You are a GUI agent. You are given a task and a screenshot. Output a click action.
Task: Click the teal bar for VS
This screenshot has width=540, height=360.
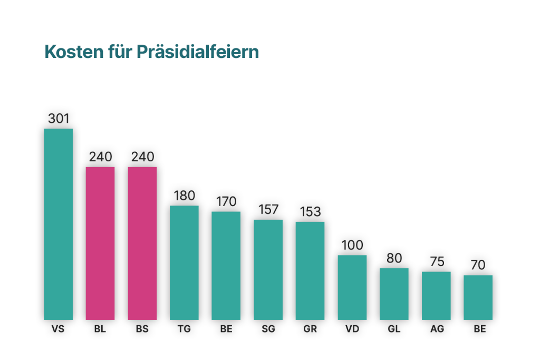[58, 224]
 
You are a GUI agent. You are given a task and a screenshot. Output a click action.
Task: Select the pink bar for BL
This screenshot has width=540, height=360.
[100, 243]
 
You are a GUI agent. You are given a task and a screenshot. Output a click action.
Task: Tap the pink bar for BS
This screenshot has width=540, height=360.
[142, 243]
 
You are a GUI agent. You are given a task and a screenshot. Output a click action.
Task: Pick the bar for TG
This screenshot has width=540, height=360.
[184, 262]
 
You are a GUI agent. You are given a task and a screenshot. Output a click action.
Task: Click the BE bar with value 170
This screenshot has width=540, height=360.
[226, 265]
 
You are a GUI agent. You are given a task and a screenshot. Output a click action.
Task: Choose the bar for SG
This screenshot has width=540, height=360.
[268, 269]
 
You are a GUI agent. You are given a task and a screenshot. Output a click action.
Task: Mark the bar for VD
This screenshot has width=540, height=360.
[352, 287]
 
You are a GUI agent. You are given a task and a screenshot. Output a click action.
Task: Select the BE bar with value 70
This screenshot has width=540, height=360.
[478, 297]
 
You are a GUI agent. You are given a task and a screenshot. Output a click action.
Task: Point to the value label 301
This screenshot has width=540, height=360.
[59, 119]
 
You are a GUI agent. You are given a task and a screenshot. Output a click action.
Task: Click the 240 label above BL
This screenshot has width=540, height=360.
[100, 157]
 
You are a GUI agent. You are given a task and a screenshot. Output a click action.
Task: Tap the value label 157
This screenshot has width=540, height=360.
[268, 210]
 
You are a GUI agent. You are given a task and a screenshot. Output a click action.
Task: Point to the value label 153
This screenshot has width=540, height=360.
[310, 212]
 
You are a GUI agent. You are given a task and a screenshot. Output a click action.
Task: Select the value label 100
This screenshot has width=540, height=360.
[352, 245]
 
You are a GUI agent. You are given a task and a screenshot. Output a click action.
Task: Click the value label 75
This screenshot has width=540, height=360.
[437, 262]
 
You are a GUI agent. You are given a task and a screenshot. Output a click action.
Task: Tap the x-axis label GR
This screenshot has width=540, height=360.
[310, 329]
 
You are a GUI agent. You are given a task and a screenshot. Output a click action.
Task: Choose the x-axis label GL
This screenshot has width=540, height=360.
[394, 329]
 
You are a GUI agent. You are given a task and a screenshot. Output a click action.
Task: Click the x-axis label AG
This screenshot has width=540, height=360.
[437, 329]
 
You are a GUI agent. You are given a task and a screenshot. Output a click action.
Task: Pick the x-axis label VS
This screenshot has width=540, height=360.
[58, 329]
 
